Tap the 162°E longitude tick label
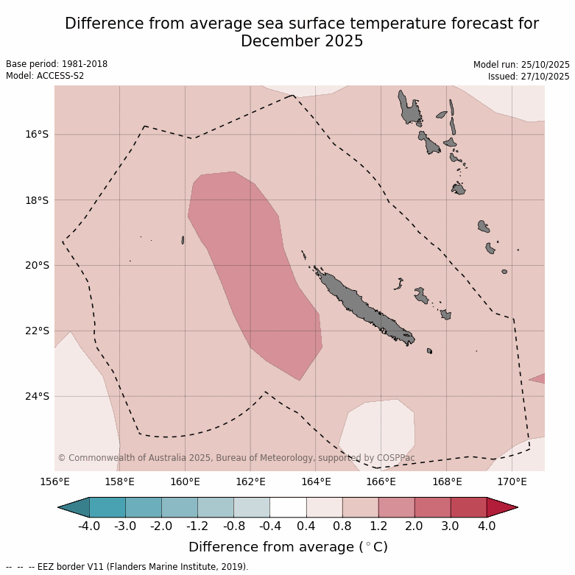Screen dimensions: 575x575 [x=250, y=482]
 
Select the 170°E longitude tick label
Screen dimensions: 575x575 [x=512, y=482]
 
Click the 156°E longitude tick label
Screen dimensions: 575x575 [x=54, y=482]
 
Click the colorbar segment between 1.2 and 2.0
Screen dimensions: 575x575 [x=396, y=507]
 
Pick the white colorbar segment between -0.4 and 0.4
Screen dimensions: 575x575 [x=288, y=507]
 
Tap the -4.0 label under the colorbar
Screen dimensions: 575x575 [x=89, y=526]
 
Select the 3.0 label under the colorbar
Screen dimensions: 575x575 [x=450, y=526]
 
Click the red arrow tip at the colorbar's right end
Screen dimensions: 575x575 [x=504, y=507]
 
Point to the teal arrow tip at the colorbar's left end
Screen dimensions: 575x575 [x=71, y=507]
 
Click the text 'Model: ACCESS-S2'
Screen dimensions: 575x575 [x=45, y=76]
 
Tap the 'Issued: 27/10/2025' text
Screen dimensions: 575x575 [x=529, y=77]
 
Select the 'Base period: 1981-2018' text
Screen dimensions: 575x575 [x=57, y=64]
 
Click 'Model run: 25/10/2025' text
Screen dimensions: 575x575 [x=521, y=65]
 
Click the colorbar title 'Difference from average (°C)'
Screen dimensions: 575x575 [x=288, y=547]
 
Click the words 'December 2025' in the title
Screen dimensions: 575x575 [x=302, y=41]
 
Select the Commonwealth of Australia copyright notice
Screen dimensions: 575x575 [x=236, y=458]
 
